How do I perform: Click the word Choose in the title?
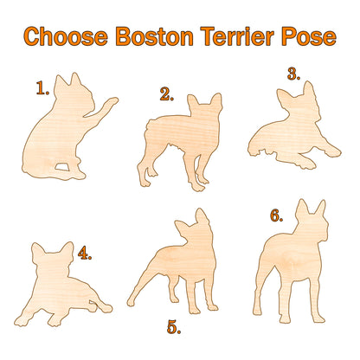pyautogui.click(x=65, y=37)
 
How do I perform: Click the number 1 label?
pyautogui.click(x=42, y=87)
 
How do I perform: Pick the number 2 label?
pyautogui.click(x=167, y=95)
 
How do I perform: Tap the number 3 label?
pyautogui.click(x=293, y=74)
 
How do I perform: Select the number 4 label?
pyautogui.click(x=84, y=254)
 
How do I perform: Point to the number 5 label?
pyautogui.click(x=174, y=327)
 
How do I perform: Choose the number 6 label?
pyautogui.click(x=276, y=215)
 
